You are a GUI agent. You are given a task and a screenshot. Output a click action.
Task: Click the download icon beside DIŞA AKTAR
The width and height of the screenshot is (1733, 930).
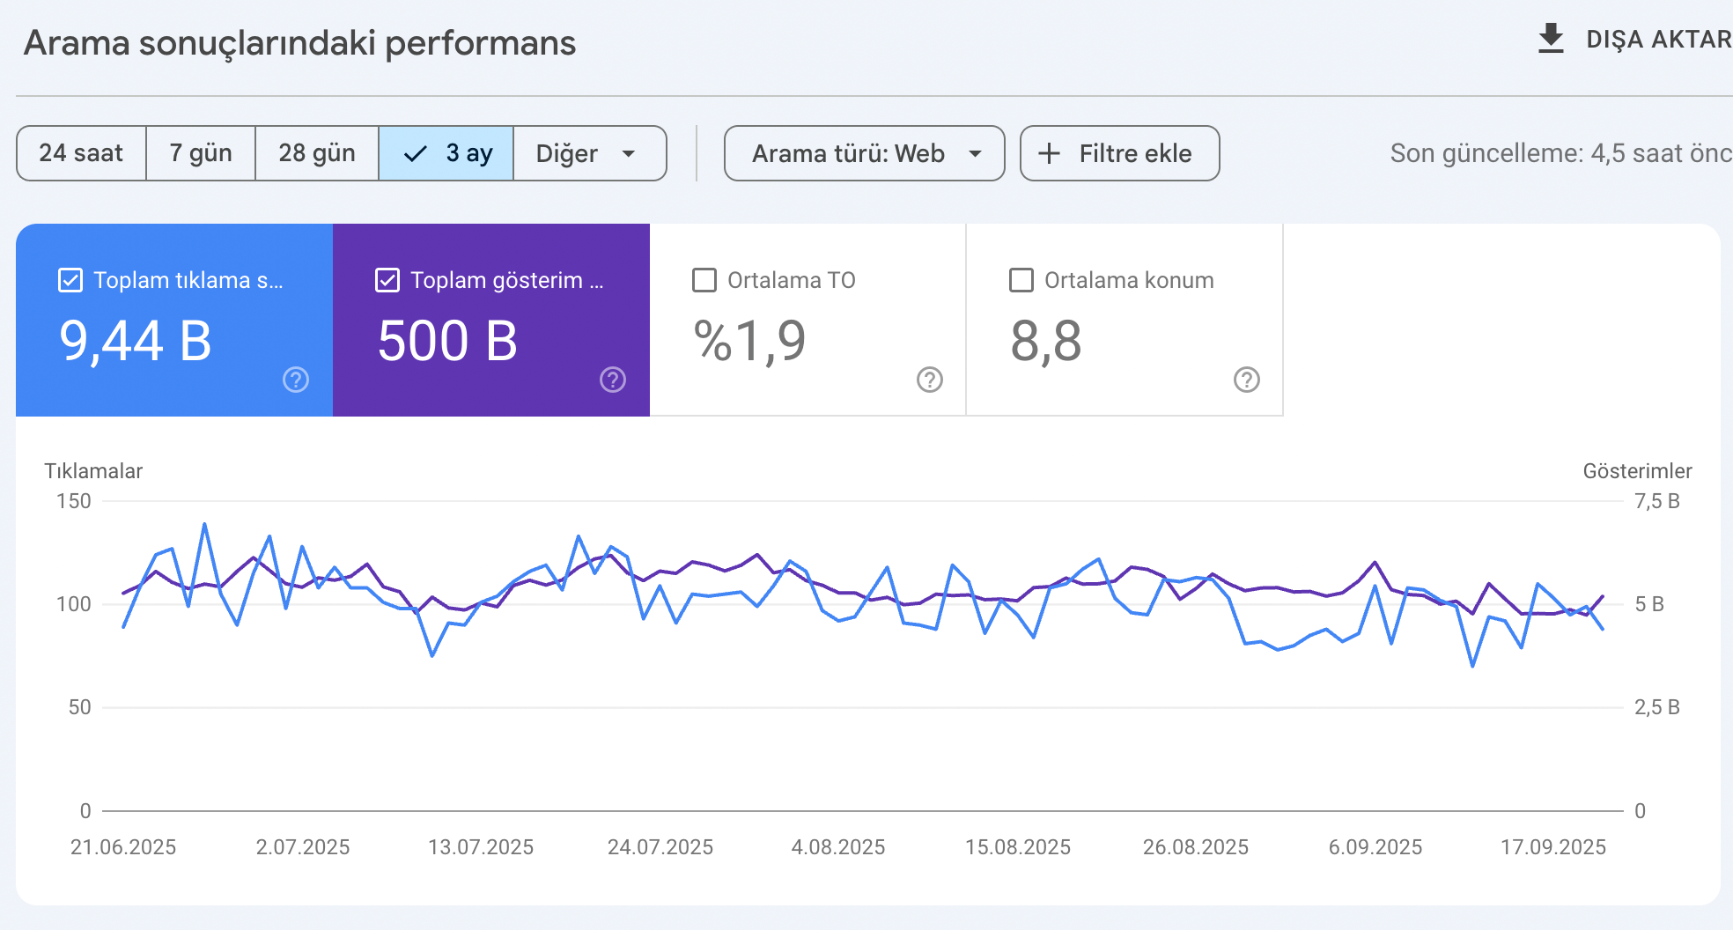[x=1551, y=39]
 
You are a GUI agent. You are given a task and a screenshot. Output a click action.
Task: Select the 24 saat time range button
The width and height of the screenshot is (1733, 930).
[x=81, y=153]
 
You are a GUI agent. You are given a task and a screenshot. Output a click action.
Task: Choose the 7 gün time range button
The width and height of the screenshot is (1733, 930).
[x=201, y=153]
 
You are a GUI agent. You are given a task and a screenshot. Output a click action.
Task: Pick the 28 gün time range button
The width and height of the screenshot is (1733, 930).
[x=317, y=153]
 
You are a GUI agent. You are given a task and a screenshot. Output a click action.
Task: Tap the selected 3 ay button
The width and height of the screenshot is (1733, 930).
[x=446, y=153]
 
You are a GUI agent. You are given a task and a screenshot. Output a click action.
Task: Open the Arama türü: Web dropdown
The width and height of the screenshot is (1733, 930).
[x=864, y=153]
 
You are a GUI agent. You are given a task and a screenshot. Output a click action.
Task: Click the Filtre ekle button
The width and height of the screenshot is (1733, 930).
[x=1119, y=153]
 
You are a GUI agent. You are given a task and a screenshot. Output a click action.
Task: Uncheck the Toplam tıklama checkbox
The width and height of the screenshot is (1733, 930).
[x=70, y=280]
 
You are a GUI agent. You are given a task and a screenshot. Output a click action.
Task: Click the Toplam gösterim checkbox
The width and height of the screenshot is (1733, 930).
[x=387, y=280]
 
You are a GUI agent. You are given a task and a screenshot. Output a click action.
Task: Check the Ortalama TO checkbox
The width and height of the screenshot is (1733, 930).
[x=704, y=280]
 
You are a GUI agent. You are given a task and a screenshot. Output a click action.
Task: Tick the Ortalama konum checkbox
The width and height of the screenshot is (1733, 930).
[x=1021, y=280]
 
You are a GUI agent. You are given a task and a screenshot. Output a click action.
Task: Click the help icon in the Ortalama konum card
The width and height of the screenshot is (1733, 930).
[x=1247, y=380]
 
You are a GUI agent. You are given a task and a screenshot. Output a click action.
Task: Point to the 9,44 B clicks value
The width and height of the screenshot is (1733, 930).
[x=136, y=341]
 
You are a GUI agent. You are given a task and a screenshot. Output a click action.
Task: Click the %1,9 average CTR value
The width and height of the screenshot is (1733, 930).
[x=750, y=341]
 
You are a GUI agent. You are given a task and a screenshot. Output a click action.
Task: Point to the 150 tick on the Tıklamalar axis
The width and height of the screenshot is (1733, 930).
[x=74, y=501]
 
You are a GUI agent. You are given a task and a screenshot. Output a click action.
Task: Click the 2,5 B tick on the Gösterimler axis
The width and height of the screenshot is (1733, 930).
[x=1657, y=707]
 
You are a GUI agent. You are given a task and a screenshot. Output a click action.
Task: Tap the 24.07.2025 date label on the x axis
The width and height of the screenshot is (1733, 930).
[x=660, y=847]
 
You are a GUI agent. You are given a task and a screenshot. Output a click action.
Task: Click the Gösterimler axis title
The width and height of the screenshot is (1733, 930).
[x=1637, y=471]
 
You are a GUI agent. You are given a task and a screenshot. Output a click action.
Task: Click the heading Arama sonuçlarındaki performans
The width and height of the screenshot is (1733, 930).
[x=299, y=43]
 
